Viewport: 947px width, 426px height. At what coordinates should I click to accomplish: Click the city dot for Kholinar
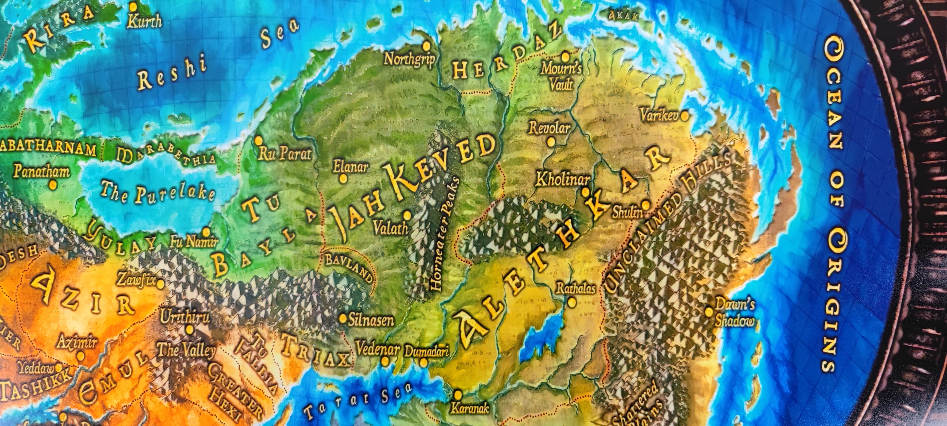click(x=585, y=192)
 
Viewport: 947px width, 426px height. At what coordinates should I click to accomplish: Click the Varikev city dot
click(x=684, y=116)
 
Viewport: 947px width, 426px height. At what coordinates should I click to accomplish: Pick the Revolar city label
click(x=550, y=128)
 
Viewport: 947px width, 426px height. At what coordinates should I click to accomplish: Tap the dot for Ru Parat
click(x=259, y=140)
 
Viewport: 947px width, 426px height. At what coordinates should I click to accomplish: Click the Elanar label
click(x=350, y=167)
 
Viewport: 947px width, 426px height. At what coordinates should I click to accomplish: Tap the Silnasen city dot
click(x=342, y=318)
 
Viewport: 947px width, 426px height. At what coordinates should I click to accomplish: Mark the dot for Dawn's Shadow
click(x=708, y=312)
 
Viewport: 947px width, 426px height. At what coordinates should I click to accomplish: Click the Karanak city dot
click(x=458, y=395)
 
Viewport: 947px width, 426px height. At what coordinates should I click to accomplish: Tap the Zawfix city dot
click(x=161, y=284)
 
